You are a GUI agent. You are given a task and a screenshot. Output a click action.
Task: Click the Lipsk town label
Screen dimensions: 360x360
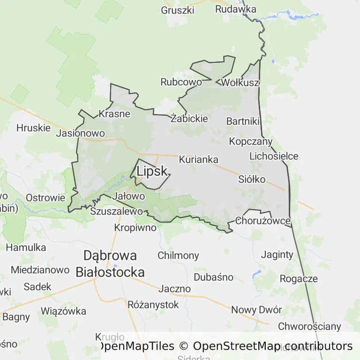[x=152, y=172]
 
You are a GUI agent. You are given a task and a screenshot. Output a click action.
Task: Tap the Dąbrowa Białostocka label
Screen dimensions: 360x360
[x=110, y=264]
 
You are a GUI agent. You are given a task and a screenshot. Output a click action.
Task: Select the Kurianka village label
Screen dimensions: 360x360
[x=198, y=159]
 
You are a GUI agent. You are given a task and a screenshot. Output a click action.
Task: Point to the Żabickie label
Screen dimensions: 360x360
[x=189, y=119]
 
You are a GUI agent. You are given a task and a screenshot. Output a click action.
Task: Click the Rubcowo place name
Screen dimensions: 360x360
[x=181, y=82]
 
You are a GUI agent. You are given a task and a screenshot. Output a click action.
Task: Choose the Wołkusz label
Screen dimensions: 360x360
[x=240, y=83]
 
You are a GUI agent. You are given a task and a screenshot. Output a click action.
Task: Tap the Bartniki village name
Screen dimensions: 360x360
[x=243, y=121]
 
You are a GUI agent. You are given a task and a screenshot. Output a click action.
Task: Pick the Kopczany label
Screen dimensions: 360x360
[x=251, y=141]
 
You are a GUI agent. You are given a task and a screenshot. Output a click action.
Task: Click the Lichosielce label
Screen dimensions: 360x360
[x=274, y=156]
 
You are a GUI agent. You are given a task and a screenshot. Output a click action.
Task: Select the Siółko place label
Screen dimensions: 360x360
[x=252, y=179]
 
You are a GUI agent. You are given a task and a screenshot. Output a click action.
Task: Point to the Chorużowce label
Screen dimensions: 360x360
[x=263, y=220]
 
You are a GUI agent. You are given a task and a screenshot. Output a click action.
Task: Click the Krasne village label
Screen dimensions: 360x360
[x=114, y=113]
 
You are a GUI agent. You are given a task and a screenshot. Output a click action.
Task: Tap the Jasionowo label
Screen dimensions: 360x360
[x=80, y=133]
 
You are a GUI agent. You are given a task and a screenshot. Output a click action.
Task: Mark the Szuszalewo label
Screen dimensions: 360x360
[x=116, y=211]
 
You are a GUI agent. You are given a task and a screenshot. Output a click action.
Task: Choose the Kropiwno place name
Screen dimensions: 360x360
[x=135, y=228]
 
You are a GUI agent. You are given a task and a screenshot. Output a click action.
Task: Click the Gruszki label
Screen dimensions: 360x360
[x=177, y=10]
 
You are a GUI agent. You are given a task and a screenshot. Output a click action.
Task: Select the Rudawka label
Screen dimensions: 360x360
[x=236, y=9]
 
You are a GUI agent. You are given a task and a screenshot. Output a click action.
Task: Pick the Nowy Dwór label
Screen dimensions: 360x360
[x=256, y=310]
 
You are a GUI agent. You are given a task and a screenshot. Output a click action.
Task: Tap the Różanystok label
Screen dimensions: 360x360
[x=153, y=305]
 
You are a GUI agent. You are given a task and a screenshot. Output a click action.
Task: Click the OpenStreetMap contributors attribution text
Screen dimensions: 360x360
[x=273, y=346]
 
